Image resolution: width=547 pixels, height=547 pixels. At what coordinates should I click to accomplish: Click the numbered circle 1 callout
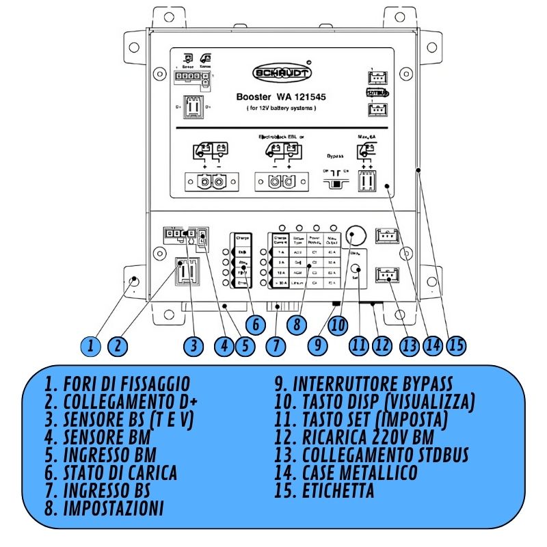(x=90, y=345)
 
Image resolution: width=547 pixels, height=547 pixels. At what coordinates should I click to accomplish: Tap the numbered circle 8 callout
(x=296, y=323)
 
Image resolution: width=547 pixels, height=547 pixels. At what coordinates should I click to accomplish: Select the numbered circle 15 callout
(x=457, y=345)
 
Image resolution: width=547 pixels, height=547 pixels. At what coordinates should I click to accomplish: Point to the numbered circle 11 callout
(x=358, y=345)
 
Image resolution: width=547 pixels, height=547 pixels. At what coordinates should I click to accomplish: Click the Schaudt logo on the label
(x=282, y=72)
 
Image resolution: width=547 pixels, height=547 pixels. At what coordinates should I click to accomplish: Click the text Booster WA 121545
(x=281, y=97)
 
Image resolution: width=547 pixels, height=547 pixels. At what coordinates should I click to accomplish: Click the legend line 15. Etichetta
(x=338, y=490)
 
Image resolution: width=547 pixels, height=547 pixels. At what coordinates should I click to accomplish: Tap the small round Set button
(x=355, y=269)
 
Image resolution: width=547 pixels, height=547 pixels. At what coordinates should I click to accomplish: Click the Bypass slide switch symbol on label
(x=334, y=183)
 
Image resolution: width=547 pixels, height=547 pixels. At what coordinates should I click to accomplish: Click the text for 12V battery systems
(x=281, y=109)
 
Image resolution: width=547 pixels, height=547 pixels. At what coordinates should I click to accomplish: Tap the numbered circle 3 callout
(x=195, y=345)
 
